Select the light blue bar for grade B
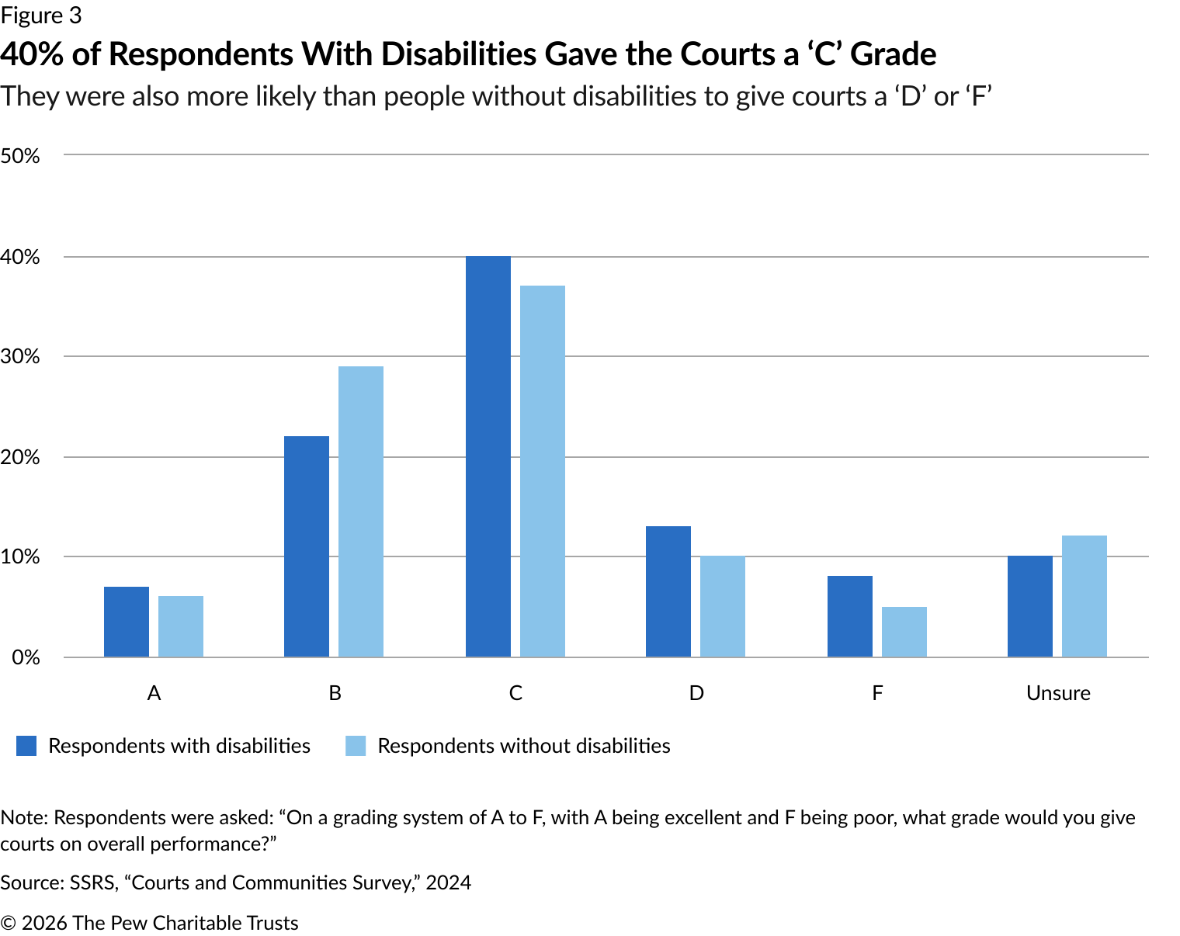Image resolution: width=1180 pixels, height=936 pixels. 361,511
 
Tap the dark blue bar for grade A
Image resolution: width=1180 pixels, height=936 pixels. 127,622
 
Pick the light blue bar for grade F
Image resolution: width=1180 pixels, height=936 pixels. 904,632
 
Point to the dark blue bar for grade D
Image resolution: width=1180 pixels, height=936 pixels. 668,591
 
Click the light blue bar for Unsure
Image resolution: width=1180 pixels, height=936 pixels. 1085,596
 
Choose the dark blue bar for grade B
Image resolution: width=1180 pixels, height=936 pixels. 307,546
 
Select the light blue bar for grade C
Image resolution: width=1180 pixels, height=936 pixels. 543,471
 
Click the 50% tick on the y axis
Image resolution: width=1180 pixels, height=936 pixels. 21,156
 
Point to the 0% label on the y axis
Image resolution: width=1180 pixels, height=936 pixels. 26,657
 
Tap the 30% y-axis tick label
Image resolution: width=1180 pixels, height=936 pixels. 21,357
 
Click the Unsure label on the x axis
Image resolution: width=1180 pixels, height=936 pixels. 1058,693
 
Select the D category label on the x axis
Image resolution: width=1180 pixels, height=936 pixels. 696,693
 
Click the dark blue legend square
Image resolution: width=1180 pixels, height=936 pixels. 26,746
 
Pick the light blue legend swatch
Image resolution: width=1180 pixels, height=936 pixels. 356,746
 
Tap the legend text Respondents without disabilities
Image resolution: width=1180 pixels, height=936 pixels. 524,746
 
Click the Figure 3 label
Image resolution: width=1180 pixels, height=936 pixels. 40,16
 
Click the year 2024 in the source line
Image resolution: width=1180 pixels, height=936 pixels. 448,882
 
